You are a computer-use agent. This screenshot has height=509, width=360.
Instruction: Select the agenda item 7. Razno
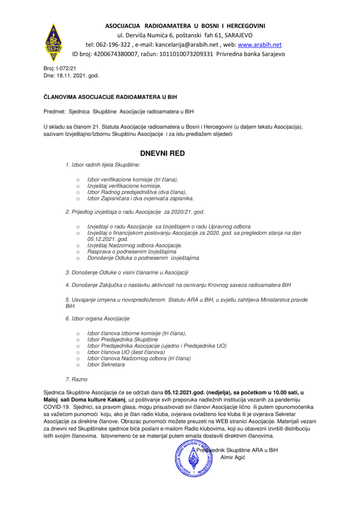[76, 379]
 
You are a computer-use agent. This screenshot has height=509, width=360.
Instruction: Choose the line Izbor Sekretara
[106, 364]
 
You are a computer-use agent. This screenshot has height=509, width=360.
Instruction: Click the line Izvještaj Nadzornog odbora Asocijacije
[135, 246]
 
